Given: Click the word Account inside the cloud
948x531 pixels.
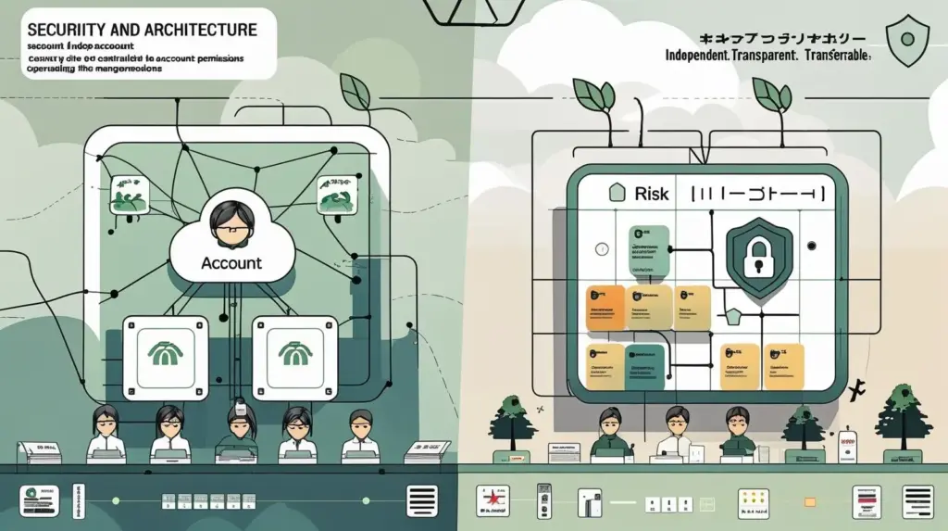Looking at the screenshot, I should (x=231, y=263).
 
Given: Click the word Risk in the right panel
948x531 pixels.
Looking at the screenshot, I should (x=652, y=194).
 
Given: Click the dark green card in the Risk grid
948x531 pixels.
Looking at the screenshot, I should (x=644, y=364).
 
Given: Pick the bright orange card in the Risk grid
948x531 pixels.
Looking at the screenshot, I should (x=605, y=308).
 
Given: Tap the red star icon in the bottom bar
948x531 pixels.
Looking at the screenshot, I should (x=488, y=501).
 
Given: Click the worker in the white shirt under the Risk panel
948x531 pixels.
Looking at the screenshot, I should (x=674, y=432).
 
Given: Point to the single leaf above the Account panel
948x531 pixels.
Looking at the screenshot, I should (x=355, y=90).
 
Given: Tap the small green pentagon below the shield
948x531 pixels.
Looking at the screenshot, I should (x=733, y=318).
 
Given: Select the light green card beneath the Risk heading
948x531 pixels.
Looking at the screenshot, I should (x=647, y=251).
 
